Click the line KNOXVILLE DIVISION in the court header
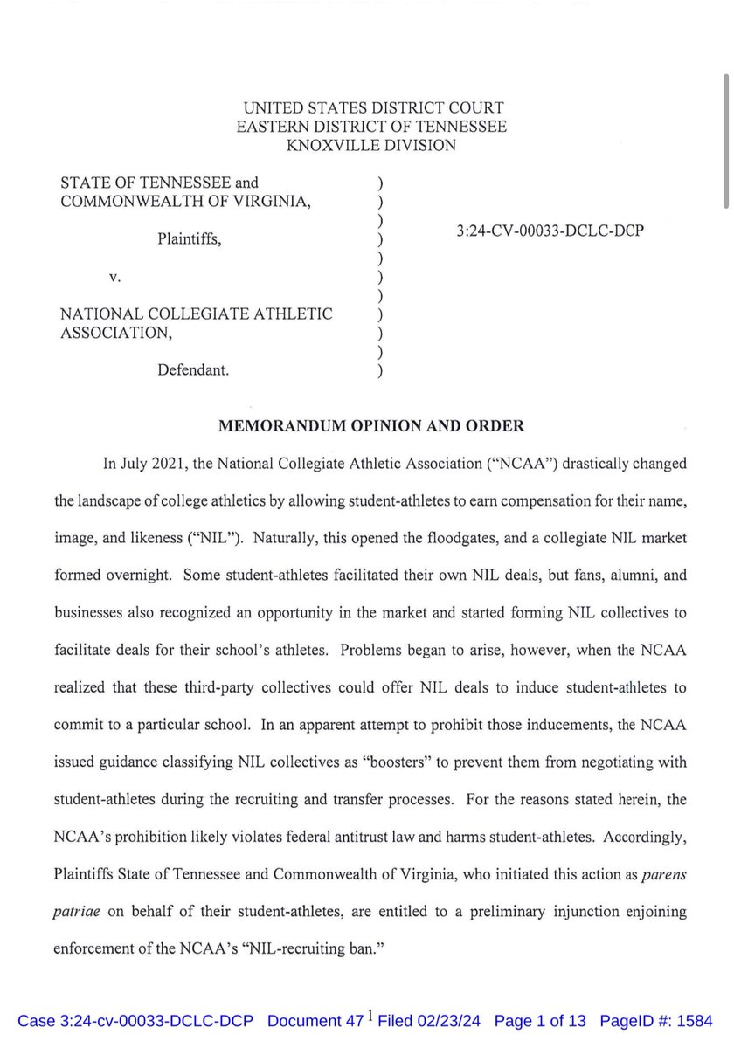point(371,146)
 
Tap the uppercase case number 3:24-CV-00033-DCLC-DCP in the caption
point(545,235)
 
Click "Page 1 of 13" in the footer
point(541,1021)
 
